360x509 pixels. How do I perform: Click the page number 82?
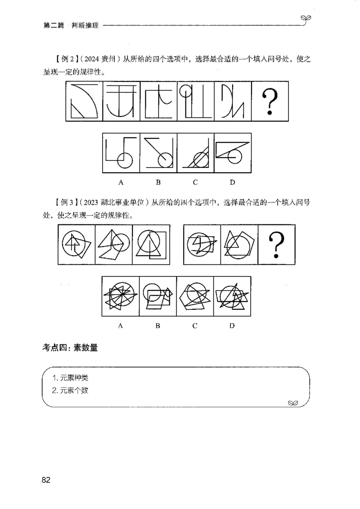click(x=45, y=480)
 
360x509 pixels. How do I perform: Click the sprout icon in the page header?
click(x=307, y=18)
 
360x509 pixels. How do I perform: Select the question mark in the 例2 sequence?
click(x=269, y=101)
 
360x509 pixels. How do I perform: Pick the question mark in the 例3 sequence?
click(x=276, y=245)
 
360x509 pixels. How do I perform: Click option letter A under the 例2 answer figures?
click(x=121, y=182)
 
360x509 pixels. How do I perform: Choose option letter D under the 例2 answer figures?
click(x=232, y=182)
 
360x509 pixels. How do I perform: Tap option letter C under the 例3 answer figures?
click(x=195, y=326)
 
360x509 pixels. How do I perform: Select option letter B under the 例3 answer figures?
click(x=158, y=326)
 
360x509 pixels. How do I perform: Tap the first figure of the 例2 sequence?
click(x=84, y=101)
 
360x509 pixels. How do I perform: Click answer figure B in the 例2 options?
click(x=158, y=153)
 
